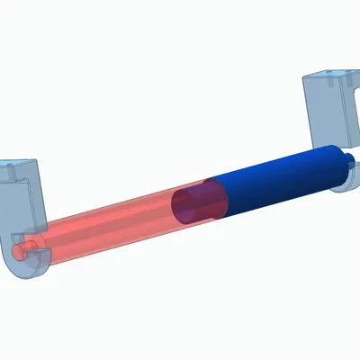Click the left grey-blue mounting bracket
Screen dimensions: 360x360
coord(22,207)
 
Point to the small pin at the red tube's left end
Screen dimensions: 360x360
coord(24,245)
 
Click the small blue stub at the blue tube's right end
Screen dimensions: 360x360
coord(347,163)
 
